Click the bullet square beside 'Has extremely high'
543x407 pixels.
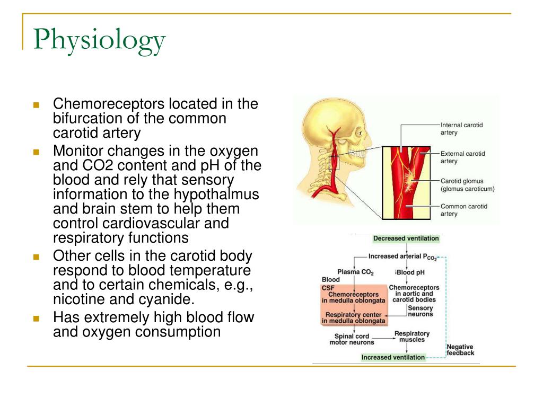37,319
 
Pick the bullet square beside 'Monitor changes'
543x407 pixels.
37,152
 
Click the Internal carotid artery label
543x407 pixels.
461,128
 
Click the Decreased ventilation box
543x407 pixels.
406,238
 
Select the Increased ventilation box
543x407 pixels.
393,357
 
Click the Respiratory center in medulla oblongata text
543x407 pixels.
354,317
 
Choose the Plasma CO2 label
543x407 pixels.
355,273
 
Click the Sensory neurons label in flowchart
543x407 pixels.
420,311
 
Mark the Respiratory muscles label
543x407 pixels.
411,337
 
